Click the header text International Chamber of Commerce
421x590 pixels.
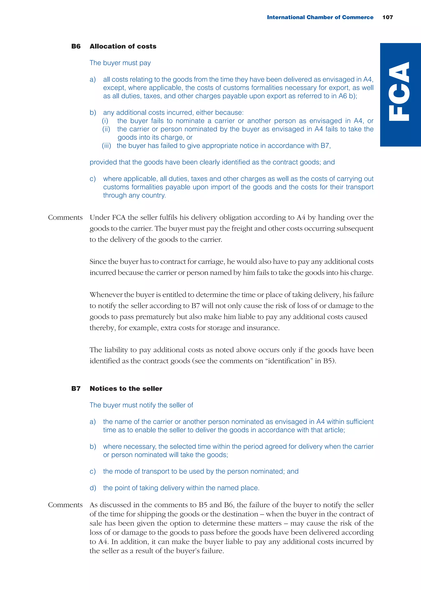320,17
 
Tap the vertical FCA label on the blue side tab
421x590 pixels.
400,91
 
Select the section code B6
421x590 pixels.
76,47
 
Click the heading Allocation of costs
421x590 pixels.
123,47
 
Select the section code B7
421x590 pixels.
76,389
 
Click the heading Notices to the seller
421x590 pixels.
126,389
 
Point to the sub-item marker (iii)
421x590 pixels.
106,146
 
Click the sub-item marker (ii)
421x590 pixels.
106,129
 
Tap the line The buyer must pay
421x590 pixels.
120,63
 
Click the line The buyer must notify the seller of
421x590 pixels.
141,405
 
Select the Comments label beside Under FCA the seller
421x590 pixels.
65,218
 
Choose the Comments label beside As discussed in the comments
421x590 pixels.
65,505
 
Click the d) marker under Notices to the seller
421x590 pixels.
93,488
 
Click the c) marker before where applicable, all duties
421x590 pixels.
93,179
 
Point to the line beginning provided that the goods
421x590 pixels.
212,162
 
